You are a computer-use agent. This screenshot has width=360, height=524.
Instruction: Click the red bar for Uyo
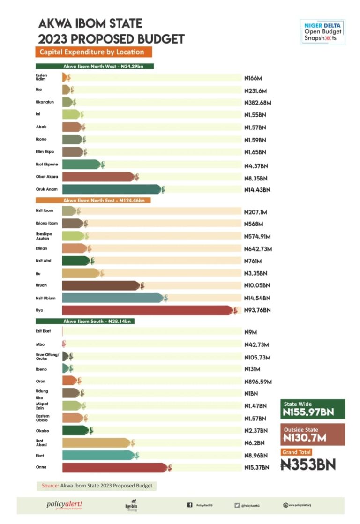(148, 310)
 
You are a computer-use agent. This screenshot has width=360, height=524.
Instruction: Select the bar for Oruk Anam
(112, 189)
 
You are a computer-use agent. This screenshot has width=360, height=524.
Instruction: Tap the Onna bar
(115, 467)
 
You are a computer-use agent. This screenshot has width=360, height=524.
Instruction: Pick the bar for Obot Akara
(99, 177)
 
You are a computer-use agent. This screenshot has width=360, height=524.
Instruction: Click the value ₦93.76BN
(257, 310)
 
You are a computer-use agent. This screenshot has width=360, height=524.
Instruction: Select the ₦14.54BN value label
(257, 298)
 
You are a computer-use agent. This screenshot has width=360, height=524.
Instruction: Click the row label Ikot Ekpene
(45, 165)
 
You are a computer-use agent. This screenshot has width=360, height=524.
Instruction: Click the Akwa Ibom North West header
(95, 67)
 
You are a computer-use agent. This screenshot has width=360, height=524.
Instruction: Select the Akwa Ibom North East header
(95, 200)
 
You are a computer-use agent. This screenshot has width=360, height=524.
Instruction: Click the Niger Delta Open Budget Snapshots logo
(322, 32)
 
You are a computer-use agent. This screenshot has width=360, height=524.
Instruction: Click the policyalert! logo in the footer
(64, 505)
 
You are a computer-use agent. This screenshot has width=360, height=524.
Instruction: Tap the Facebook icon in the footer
(190, 505)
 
